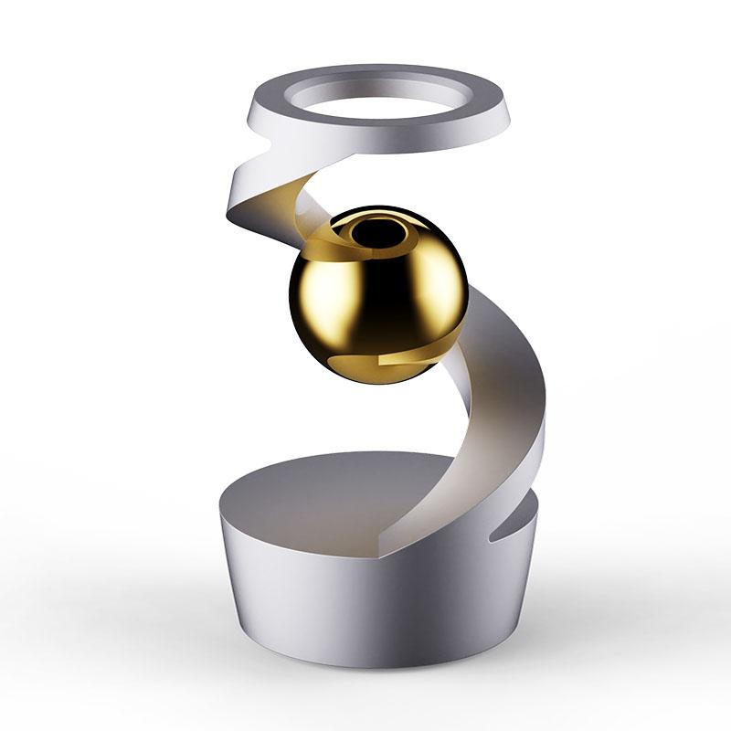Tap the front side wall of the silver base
click(x=365, y=594)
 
